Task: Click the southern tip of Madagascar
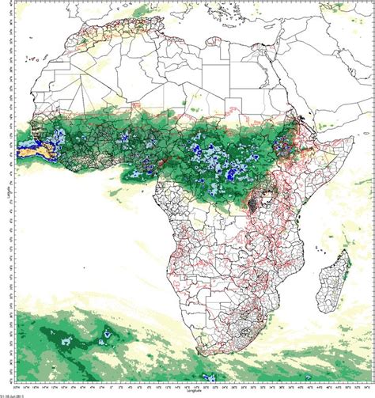pyautogui.click(x=324, y=311)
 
